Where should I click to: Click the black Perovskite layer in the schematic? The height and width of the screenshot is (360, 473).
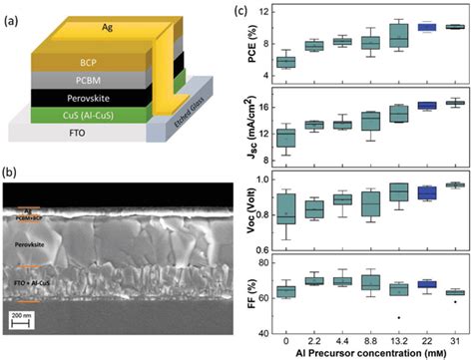point(91,97)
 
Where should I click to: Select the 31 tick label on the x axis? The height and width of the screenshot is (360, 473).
point(456,334)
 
